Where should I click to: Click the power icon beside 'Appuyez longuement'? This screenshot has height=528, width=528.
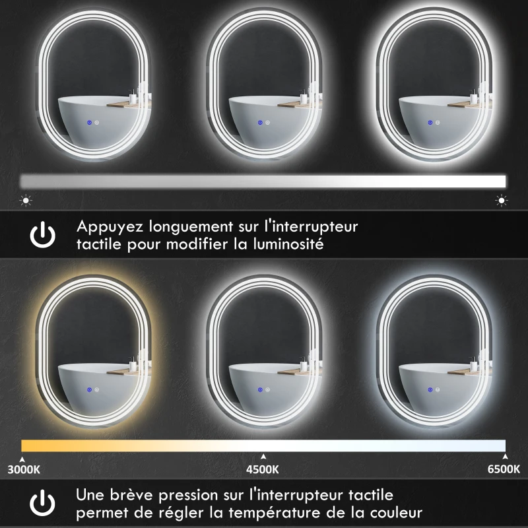click(43, 235)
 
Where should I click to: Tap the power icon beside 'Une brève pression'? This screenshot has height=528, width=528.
click(43, 503)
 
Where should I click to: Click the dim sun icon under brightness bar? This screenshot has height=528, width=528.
click(26, 199)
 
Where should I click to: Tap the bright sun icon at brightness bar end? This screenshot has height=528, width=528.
click(502, 199)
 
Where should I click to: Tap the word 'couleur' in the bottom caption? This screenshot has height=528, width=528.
click(399, 512)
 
